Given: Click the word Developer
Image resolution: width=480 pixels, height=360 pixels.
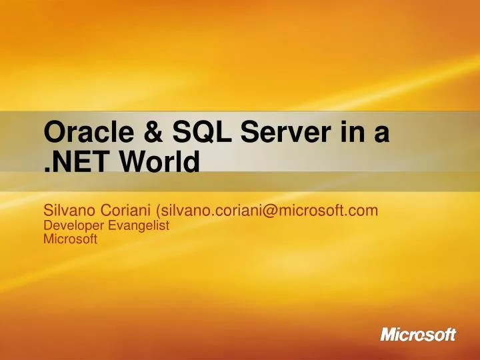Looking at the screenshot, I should click(70, 226).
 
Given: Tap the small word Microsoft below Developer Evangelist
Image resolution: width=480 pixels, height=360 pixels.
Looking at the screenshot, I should click(70, 239).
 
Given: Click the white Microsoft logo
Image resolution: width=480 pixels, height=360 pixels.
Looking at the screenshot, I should click(418, 334).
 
